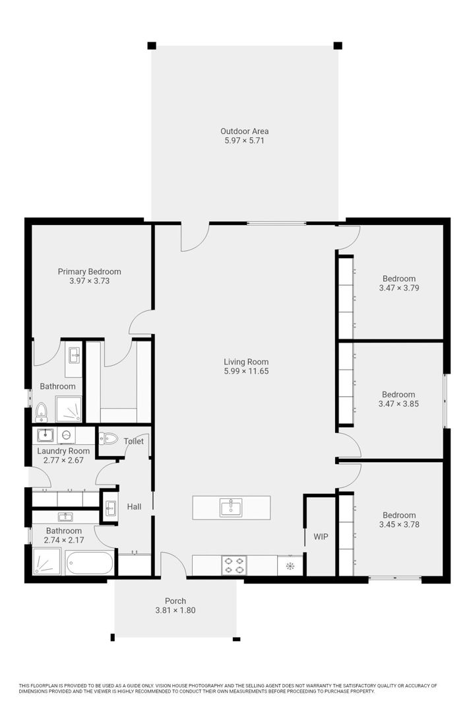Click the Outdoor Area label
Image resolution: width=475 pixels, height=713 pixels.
(x=244, y=131)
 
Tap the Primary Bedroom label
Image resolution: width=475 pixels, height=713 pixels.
(x=90, y=271)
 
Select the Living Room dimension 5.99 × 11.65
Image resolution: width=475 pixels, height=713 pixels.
(x=246, y=371)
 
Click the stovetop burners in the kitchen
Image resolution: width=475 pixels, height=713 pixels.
(x=234, y=565)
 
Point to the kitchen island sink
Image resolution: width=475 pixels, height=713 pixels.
(x=231, y=508)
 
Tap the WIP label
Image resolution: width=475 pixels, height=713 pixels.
(x=321, y=537)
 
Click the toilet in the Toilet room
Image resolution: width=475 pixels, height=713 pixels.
(x=109, y=439)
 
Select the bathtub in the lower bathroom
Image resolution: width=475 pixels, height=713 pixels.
(x=90, y=563)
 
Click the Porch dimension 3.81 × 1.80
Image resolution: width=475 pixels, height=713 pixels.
(x=175, y=610)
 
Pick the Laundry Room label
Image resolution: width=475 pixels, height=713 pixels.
(x=63, y=451)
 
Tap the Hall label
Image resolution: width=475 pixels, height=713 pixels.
(x=134, y=506)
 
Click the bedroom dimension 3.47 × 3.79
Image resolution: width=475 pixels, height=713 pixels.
(x=399, y=288)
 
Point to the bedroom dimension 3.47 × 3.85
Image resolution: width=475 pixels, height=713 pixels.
(x=398, y=404)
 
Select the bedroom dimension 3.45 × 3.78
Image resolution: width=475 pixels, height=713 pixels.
(x=399, y=524)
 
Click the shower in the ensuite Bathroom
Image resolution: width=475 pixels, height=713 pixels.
(x=69, y=409)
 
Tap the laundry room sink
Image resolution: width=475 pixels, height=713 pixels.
(x=46, y=435)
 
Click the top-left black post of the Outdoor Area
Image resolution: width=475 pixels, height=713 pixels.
(x=152, y=46)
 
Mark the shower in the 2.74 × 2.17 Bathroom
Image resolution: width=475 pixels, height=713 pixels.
(x=47, y=562)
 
